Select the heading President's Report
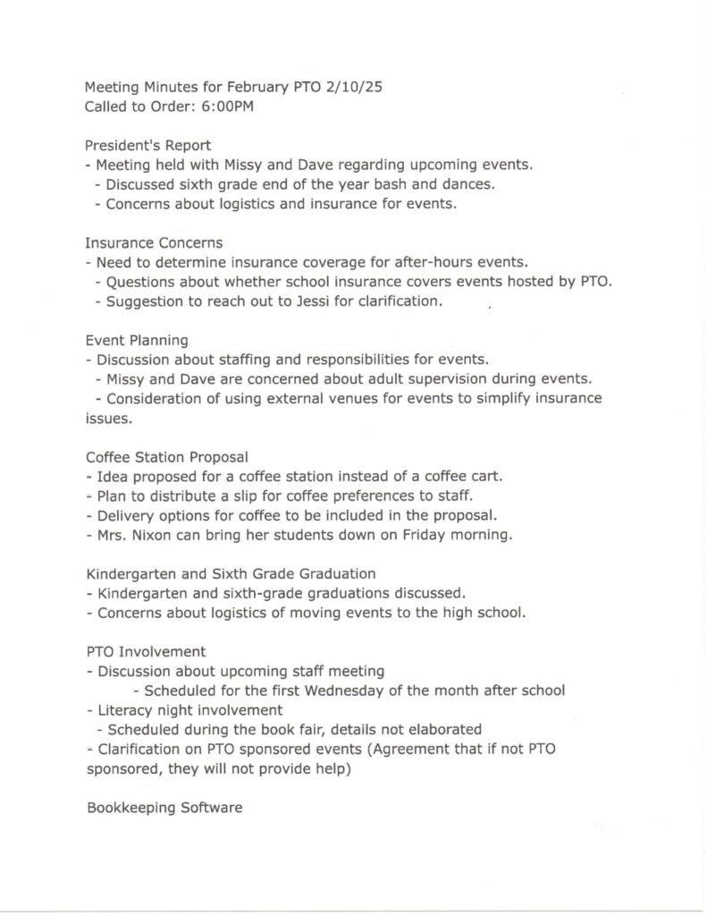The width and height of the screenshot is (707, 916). tap(147, 145)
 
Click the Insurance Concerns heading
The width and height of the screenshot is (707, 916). tap(154, 242)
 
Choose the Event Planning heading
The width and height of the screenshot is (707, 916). tap(137, 340)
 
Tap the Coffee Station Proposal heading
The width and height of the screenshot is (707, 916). tap(166, 457)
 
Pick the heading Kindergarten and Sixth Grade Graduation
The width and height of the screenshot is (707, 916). tap(231, 573)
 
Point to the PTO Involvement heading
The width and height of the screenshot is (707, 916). tap(146, 651)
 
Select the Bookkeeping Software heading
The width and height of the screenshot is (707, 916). tap(164, 808)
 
